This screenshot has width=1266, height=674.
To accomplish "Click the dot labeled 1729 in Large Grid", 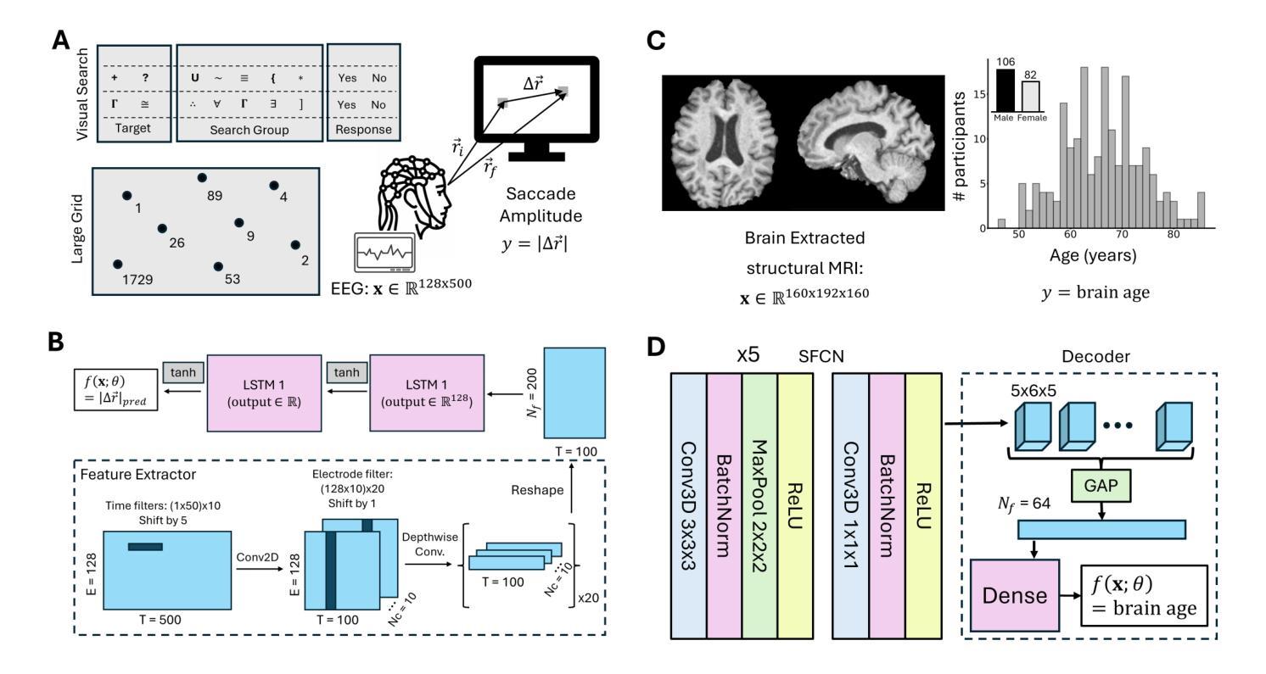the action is pos(118,265).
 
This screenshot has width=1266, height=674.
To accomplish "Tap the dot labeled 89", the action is pos(202,178).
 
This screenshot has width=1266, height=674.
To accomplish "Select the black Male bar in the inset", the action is pos(1005,91).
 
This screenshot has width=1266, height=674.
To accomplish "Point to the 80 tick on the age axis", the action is pos(1174,234).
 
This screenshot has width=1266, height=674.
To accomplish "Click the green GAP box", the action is pos(1101,486).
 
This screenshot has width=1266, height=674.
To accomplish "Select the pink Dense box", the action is pos(1015,595).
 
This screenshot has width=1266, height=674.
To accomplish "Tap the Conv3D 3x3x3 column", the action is pos(688,506).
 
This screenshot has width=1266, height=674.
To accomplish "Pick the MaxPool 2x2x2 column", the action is pos(759,506).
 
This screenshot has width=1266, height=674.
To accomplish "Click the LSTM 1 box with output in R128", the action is pos(427,393).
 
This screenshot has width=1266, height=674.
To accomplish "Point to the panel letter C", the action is pos(656,41).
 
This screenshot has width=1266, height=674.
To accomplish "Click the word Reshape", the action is pos(537,490).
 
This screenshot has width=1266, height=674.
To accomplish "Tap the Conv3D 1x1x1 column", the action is pos(850,506).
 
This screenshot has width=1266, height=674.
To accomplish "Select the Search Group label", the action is pos(249,130).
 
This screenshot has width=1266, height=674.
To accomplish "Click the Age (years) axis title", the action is pos(1093,256).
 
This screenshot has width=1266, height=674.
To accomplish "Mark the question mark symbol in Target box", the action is pos(145,78).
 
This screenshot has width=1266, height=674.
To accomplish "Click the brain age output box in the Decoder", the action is pos(1144,595).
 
